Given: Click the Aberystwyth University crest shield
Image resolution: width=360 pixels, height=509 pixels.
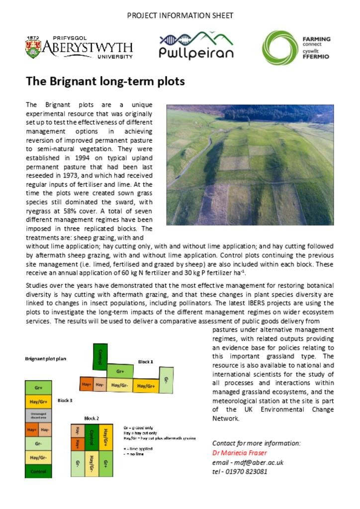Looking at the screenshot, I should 33,48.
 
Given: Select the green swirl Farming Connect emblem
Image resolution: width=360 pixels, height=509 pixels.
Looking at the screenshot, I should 279,48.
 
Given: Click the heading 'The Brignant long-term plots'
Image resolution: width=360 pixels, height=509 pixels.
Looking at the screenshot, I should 105,81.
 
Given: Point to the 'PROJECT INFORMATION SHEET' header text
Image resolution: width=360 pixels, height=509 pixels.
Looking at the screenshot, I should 180,15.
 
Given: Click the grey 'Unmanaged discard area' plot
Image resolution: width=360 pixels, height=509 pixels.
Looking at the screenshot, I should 38,416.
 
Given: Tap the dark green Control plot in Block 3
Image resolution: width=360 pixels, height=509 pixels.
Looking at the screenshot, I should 38,471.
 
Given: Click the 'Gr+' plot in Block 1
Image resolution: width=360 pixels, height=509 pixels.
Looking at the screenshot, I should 120,371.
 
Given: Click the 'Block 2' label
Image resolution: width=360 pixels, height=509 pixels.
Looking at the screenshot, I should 91,419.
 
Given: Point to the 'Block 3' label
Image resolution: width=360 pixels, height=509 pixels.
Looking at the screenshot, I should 65,400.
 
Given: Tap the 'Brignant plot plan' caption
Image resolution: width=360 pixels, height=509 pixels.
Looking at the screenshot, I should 46,358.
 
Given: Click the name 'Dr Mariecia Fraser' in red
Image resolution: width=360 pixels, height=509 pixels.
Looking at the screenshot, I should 240,453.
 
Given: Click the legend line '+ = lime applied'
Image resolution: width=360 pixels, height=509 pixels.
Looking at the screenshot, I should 139,449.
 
